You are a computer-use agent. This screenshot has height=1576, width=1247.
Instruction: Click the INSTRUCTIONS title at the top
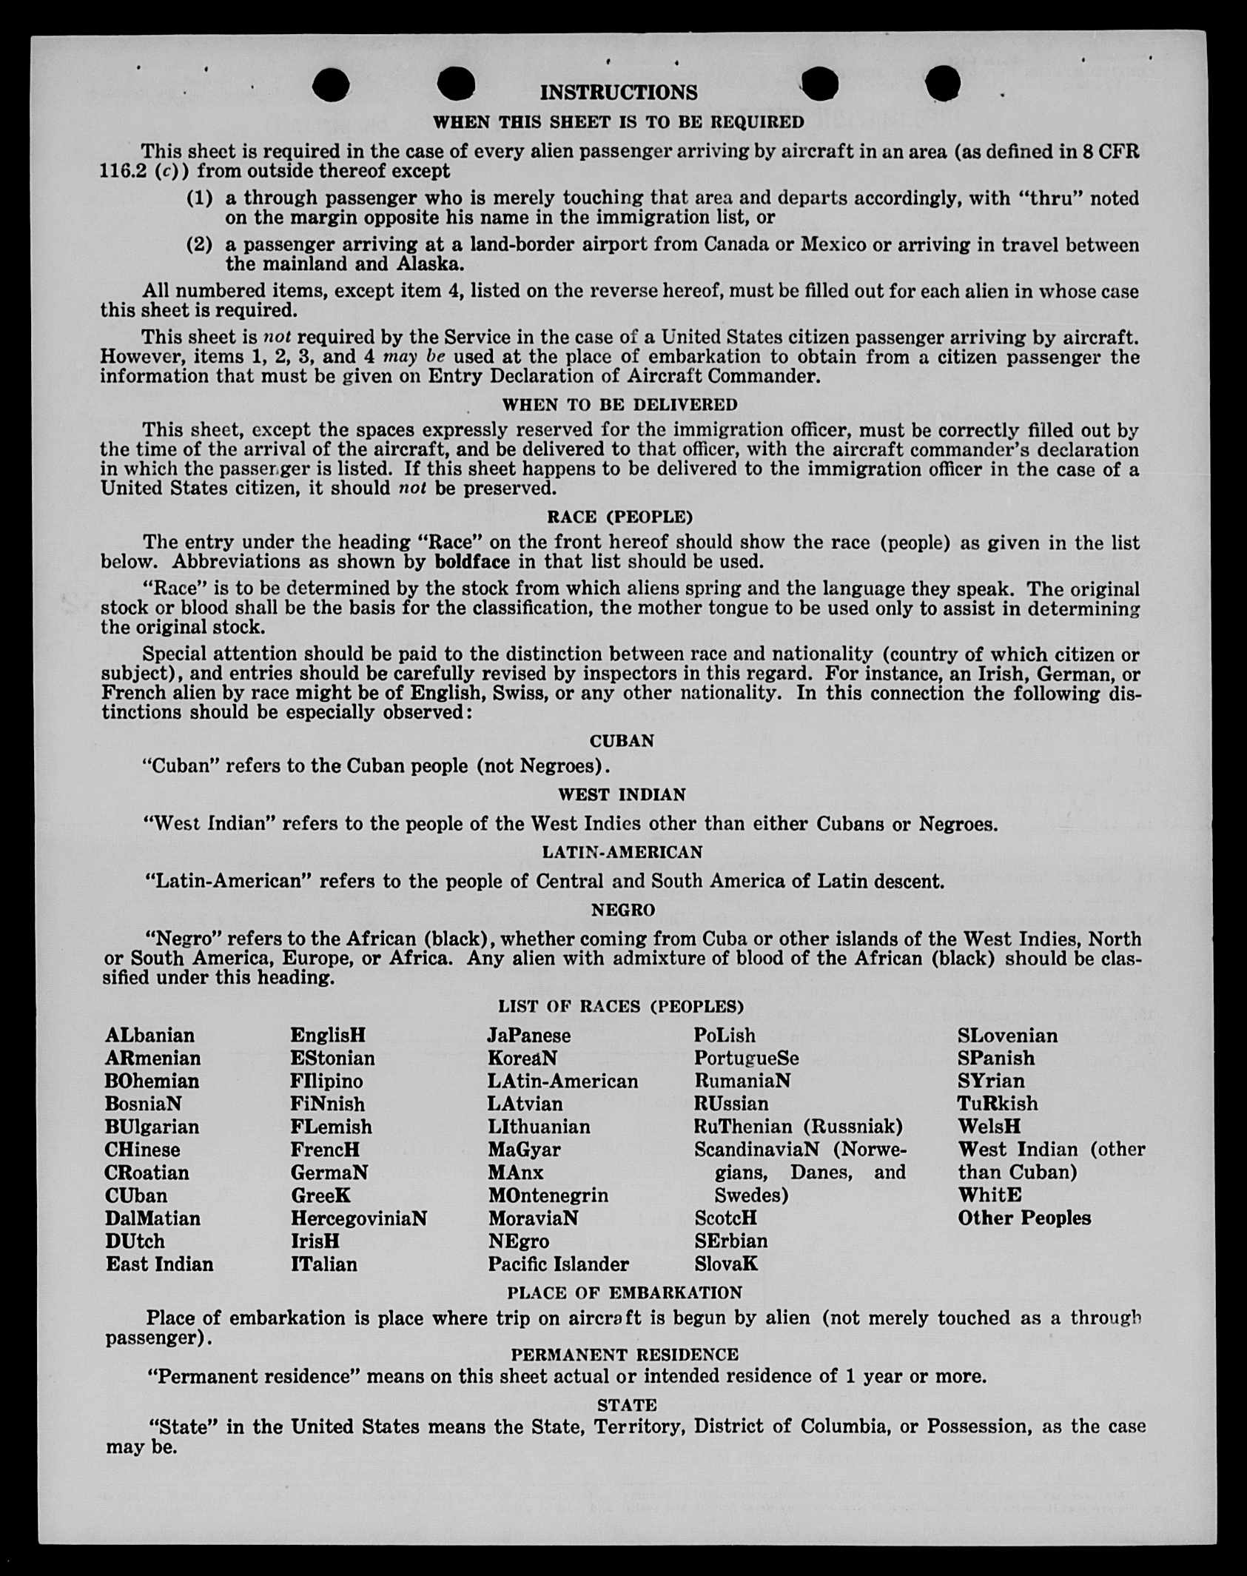point(619,93)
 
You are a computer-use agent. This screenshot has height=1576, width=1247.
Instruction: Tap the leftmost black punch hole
point(330,85)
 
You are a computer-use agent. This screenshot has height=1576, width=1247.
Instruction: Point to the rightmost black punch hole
point(943,82)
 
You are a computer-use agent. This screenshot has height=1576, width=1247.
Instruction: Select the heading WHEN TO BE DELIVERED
point(619,405)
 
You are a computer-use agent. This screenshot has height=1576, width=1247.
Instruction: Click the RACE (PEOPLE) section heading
point(619,516)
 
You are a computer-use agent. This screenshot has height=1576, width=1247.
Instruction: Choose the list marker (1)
point(199,198)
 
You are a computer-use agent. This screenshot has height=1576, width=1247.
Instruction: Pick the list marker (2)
point(199,245)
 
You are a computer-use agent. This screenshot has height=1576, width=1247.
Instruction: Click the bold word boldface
point(472,562)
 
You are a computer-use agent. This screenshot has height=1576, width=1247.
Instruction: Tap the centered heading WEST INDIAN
point(622,794)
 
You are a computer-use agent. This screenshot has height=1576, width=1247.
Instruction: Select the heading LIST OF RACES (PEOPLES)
point(620,1006)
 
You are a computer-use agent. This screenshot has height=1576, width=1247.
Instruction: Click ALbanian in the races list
point(149,1035)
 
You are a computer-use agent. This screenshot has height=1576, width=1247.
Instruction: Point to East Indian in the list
point(159,1264)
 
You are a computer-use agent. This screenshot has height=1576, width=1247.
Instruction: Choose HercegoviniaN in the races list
point(359,1218)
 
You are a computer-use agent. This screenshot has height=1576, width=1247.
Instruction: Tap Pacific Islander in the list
point(558,1264)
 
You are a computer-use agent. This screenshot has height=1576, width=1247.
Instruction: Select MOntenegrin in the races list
point(548,1196)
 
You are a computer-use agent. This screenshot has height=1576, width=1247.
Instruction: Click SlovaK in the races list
point(725,1264)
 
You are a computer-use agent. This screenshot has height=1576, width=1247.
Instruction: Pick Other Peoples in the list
point(1024,1218)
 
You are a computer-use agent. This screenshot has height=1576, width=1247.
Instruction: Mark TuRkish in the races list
point(997,1104)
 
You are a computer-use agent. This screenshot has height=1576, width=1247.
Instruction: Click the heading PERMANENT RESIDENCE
point(624,1355)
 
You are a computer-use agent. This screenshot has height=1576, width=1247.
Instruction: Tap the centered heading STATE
point(626,1405)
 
